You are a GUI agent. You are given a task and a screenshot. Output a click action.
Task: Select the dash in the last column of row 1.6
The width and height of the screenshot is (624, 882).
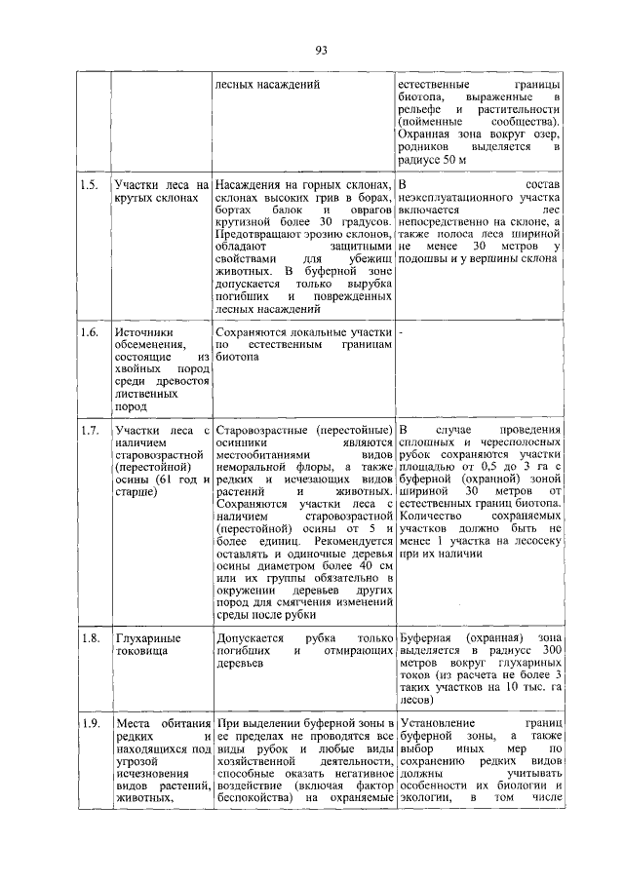402,331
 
